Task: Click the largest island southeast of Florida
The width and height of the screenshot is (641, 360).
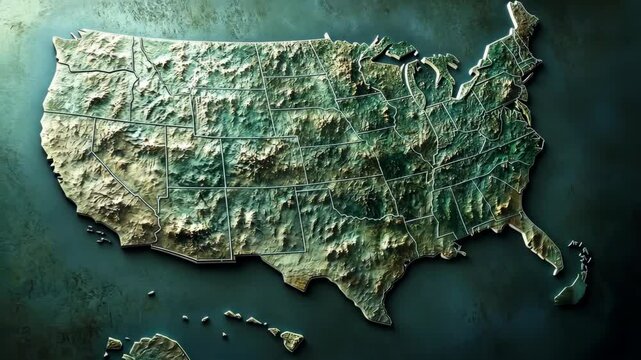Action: (x=571, y=290)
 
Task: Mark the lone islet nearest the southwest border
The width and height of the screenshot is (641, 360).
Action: (x=151, y=293)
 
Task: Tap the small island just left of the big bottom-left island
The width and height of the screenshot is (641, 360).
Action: (x=114, y=344)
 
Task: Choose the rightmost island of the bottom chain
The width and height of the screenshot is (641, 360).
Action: (x=291, y=340)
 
